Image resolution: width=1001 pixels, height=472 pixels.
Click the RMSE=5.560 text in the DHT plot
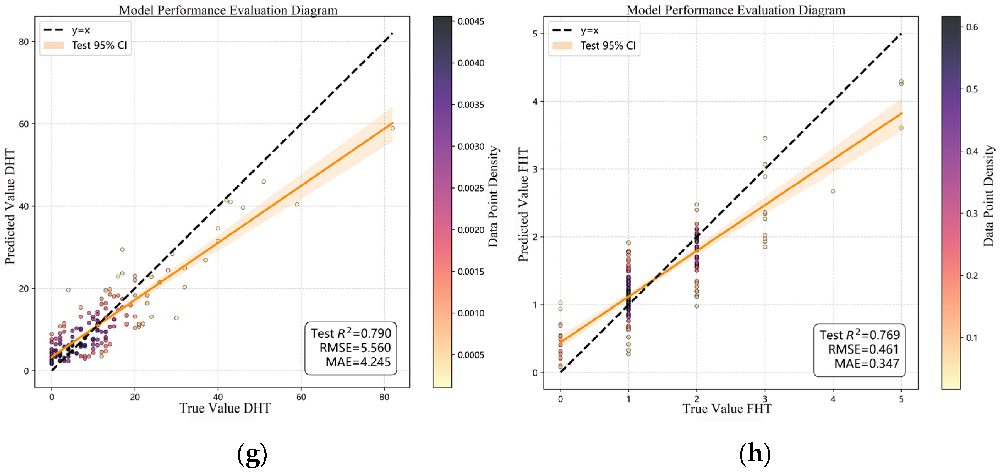click(x=355, y=348)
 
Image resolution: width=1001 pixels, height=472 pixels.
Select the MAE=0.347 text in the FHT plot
click(x=867, y=364)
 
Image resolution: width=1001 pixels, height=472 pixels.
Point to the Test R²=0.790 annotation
click(x=351, y=333)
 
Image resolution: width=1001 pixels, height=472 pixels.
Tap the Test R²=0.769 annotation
click(x=860, y=335)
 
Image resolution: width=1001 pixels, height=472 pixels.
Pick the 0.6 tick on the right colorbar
click(x=972, y=27)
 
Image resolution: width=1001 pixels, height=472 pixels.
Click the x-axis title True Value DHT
click(x=225, y=408)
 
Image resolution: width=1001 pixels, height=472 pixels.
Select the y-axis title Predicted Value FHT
click(x=523, y=205)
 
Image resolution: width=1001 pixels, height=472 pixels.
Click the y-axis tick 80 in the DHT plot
click(x=24, y=41)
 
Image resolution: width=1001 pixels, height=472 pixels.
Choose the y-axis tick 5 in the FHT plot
click(x=535, y=34)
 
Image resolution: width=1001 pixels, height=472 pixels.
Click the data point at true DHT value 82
click(x=392, y=128)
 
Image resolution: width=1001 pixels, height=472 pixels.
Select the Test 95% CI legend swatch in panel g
click(x=54, y=46)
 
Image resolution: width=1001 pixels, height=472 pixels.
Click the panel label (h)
click(x=755, y=453)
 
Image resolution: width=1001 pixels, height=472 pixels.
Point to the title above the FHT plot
click(x=736, y=10)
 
